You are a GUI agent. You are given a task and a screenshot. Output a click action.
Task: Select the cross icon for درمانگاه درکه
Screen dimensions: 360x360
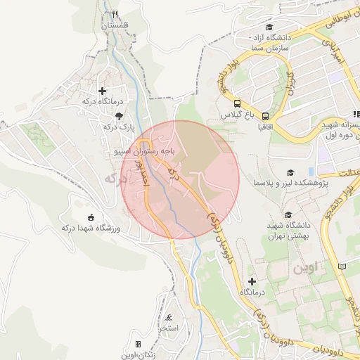102,91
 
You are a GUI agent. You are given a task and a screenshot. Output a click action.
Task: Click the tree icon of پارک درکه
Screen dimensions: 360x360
117,116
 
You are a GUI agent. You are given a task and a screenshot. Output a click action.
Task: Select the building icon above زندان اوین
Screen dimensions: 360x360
138,344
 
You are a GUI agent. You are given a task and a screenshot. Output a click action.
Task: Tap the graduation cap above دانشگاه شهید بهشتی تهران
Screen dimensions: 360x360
287,215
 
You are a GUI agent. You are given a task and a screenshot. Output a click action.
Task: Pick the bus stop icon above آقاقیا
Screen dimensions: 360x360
266,116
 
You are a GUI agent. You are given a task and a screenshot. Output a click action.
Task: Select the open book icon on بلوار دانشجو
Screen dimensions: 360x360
342,266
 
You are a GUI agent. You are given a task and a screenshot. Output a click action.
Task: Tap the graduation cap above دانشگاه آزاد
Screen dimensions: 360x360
270,27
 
